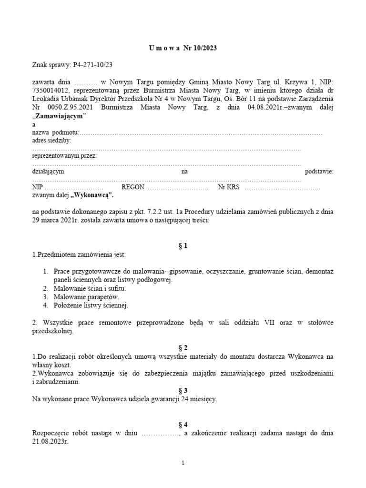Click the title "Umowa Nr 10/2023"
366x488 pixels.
click(183, 48)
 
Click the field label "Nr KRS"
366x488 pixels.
click(229, 187)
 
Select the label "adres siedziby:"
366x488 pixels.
click(51, 140)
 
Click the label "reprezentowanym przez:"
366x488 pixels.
click(64, 156)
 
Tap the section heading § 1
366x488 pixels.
click(183, 246)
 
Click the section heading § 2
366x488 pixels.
click(183, 348)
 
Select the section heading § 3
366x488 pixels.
click(183, 390)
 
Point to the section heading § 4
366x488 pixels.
click(183, 425)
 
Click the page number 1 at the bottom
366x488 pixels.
click(183, 463)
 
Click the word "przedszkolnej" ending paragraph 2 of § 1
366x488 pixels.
click(52, 331)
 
